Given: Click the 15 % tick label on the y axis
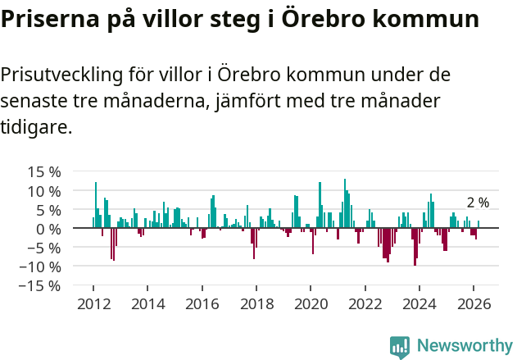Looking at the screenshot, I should [x=44, y=172].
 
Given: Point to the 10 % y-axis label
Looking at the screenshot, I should [x=44, y=191].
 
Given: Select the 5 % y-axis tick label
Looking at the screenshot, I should [x=48, y=210].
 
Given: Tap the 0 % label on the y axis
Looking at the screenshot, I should [x=48, y=229].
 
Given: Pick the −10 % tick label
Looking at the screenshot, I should [x=40, y=267].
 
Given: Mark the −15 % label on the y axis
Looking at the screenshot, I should [x=40, y=285].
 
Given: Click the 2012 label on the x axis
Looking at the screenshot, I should [x=93, y=303].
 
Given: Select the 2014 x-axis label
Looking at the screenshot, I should [x=147, y=303].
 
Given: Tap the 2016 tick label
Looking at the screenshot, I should [x=202, y=303].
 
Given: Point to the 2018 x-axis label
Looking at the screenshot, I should [x=256, y=303].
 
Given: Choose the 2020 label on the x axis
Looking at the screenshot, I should [x=311, y=303].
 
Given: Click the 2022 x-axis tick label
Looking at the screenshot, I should [x=365, y=303].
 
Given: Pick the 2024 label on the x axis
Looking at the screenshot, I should [x=419, y=303].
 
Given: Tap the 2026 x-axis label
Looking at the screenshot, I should [x=474, y=303].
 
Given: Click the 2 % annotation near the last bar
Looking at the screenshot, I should [x=478, y=203].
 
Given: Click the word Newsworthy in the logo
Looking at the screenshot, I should [x=464, y=346].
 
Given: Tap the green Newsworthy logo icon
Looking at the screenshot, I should [x=400, y=347].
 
